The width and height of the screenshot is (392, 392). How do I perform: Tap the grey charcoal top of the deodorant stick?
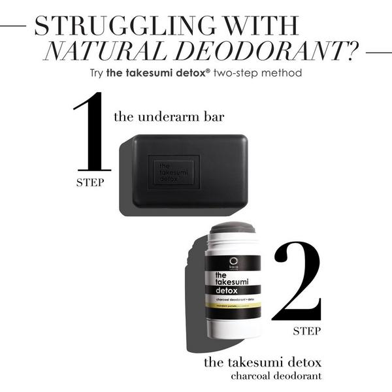[x=233, y=227]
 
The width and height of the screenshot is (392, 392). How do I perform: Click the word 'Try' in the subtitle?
[x=99, y=73]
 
